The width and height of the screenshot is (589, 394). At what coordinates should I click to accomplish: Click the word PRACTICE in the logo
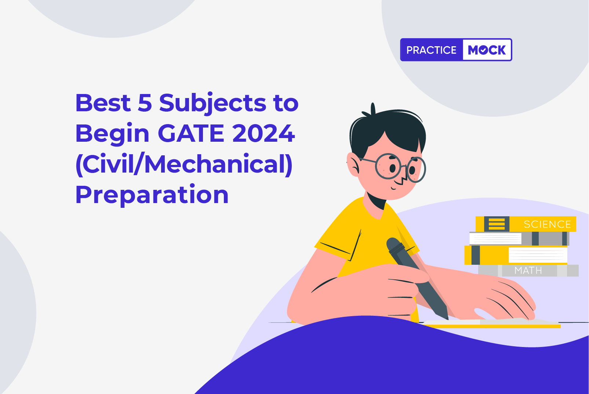[x=431, y=50]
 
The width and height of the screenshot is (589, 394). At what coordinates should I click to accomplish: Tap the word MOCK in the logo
[x=487, y=50]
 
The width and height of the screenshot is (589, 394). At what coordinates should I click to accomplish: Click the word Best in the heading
[x=103, y=103]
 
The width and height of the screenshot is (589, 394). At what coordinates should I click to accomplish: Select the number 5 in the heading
[x=145, y=103]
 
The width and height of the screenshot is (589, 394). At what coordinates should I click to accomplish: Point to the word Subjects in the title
[x=212, y=104]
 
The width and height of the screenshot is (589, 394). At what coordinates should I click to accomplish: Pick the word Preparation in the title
[x=152, y=195]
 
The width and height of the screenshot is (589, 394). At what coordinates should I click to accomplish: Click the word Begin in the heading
[x=112, y=134]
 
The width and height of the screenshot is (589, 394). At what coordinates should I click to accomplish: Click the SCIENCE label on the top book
[x=548, y=224]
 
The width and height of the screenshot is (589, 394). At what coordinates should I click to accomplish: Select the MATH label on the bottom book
[x=528, y=271]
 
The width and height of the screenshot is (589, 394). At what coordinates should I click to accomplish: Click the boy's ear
[x=353, y=165]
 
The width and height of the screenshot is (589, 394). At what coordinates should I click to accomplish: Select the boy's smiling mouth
[x=393, y=188]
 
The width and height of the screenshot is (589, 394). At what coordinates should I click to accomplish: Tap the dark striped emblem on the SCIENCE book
[x=497, y=224]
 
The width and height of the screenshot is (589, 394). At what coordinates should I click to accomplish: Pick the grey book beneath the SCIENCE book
[x=519, y=239]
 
